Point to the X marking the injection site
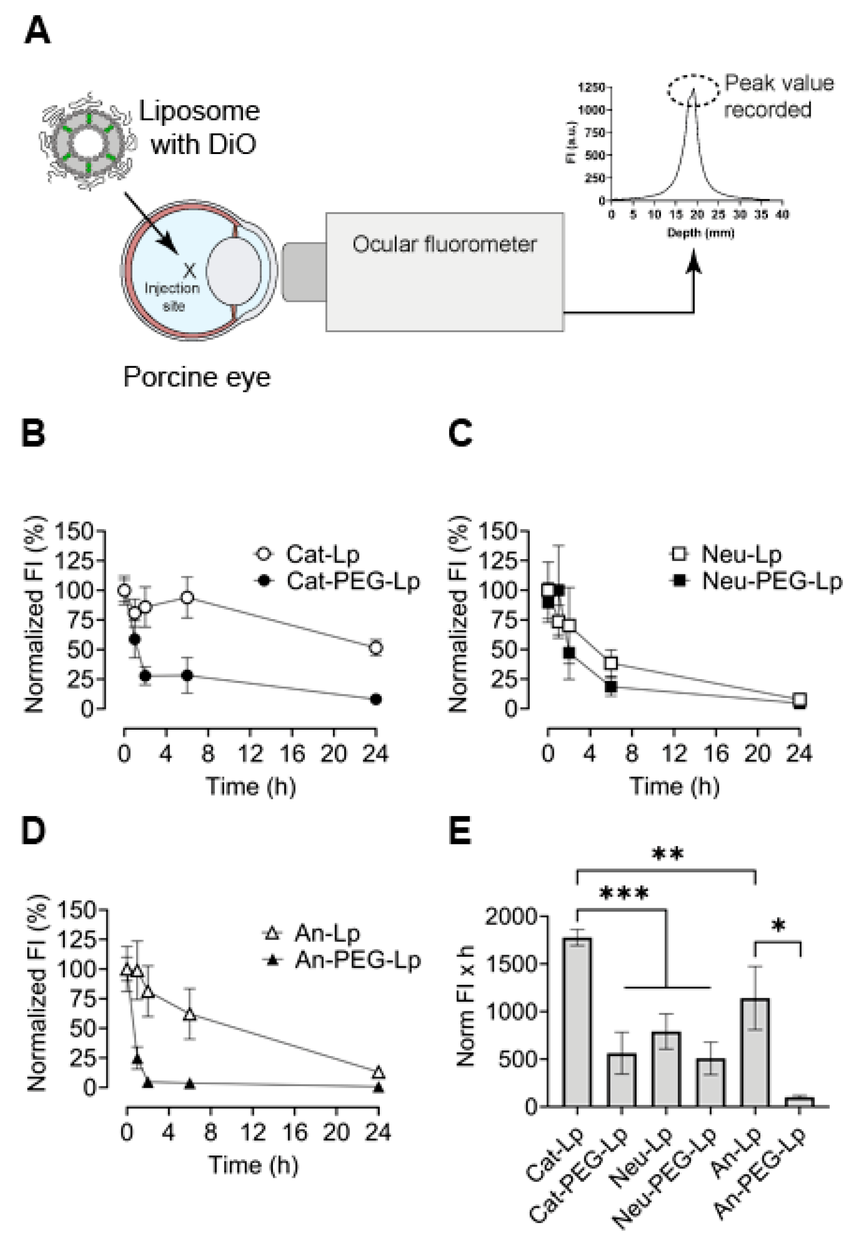(x=189, y=270)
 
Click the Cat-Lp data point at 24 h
(x=376, y=648)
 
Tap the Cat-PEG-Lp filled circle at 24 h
(x=376, y=699)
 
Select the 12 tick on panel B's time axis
(x=250, y=754)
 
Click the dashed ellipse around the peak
(x=693, y=91)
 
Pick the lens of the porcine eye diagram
(x=234, y=271)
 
